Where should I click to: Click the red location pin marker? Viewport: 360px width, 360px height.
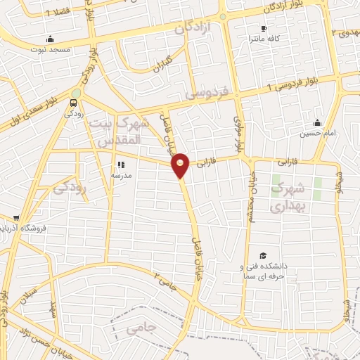tap(181, 165)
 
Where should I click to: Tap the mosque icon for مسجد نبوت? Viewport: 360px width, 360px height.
tap(49, 39)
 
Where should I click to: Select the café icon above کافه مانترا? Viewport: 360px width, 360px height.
tap(264, 29)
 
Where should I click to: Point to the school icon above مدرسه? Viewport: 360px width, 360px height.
tap(121, 165)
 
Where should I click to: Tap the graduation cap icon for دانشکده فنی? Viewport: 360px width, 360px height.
tap(263, 255)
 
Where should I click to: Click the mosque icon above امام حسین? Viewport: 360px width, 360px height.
tap(317, 122)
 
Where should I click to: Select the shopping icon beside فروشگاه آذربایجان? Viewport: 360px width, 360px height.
tap(15, 218)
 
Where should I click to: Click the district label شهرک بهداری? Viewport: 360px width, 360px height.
tap(288, 196)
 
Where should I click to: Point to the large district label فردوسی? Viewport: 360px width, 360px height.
tap(205, 92)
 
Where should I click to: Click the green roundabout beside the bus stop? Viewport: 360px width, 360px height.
tap(76, 92)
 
